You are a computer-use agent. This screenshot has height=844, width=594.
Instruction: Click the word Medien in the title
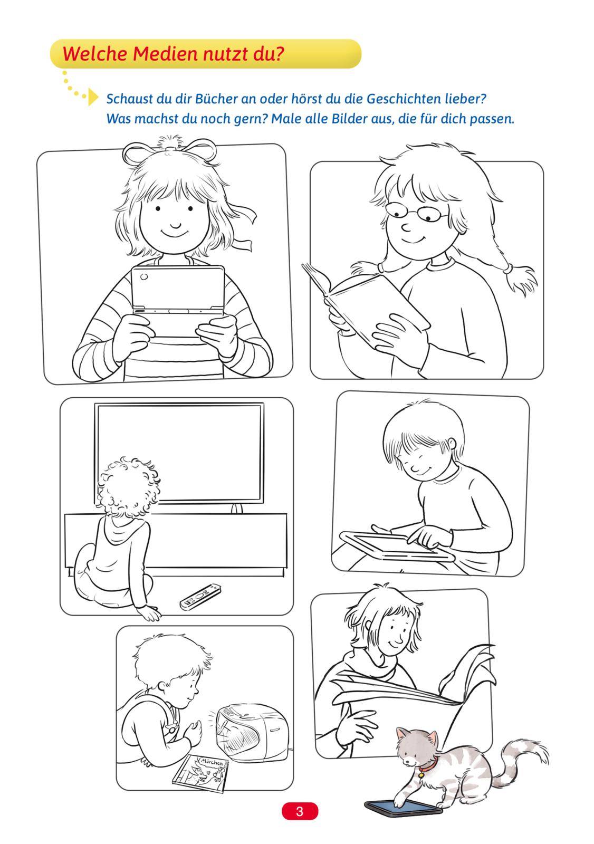[x=165, y=53]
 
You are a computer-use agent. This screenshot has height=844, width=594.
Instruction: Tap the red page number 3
[x=300, y=811]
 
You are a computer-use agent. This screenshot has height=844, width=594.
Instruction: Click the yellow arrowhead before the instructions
[x=93, y=97]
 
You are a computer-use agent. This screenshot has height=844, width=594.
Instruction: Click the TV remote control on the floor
[x=200, y=597]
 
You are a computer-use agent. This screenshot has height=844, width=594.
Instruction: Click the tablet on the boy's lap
[x=397, y=546]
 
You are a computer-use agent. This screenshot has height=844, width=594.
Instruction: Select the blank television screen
[x=179, y=453]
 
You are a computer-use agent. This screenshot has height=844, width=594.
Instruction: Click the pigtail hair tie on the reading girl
[x=506, y=268]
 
